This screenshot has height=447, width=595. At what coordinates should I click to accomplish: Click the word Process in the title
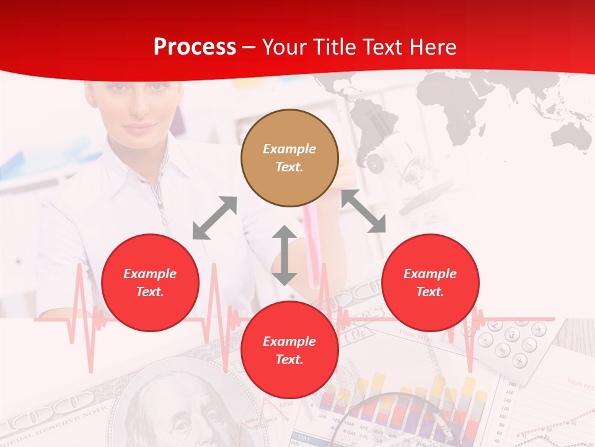pos(195,47)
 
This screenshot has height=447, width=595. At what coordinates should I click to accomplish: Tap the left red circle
pos(150,282)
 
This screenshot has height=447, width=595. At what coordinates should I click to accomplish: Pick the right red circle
pos(430,282)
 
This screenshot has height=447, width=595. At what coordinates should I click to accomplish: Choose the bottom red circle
pos(289,350)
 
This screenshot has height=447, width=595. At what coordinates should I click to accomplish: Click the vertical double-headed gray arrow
pos(284,255)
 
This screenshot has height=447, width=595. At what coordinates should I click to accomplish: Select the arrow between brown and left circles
pos(214,218)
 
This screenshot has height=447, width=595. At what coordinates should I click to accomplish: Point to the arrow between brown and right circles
pos(364,212)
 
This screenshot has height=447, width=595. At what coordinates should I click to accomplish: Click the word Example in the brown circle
pos(289,149)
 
